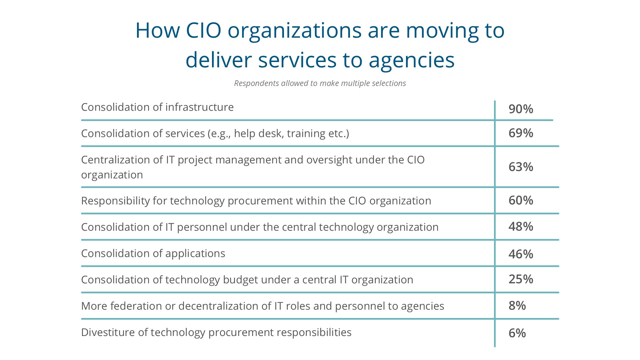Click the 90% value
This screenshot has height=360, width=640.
521,109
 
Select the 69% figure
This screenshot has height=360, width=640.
521,133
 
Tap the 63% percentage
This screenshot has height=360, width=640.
521,167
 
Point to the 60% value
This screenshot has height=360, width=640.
521,200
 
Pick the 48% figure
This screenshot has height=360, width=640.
521,226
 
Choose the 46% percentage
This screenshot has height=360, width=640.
521,254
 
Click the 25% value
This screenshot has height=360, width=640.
521,279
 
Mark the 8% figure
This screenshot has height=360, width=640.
517,305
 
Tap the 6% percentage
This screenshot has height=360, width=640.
517,333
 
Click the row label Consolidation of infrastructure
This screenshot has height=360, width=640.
157,107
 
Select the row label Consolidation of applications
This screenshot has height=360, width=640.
153,254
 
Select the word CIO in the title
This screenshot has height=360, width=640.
204,30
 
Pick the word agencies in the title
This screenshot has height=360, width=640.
412,61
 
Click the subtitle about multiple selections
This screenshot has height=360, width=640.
320,83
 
